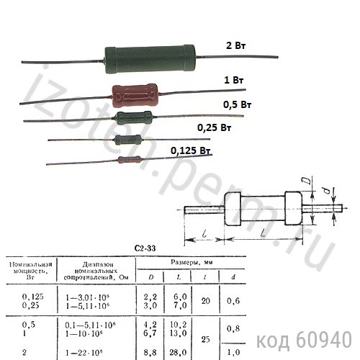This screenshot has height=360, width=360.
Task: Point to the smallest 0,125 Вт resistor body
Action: pyautogui.click(x=127, y=160)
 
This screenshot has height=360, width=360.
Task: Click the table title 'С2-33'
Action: pyautogui.click(x=145, y=249)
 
